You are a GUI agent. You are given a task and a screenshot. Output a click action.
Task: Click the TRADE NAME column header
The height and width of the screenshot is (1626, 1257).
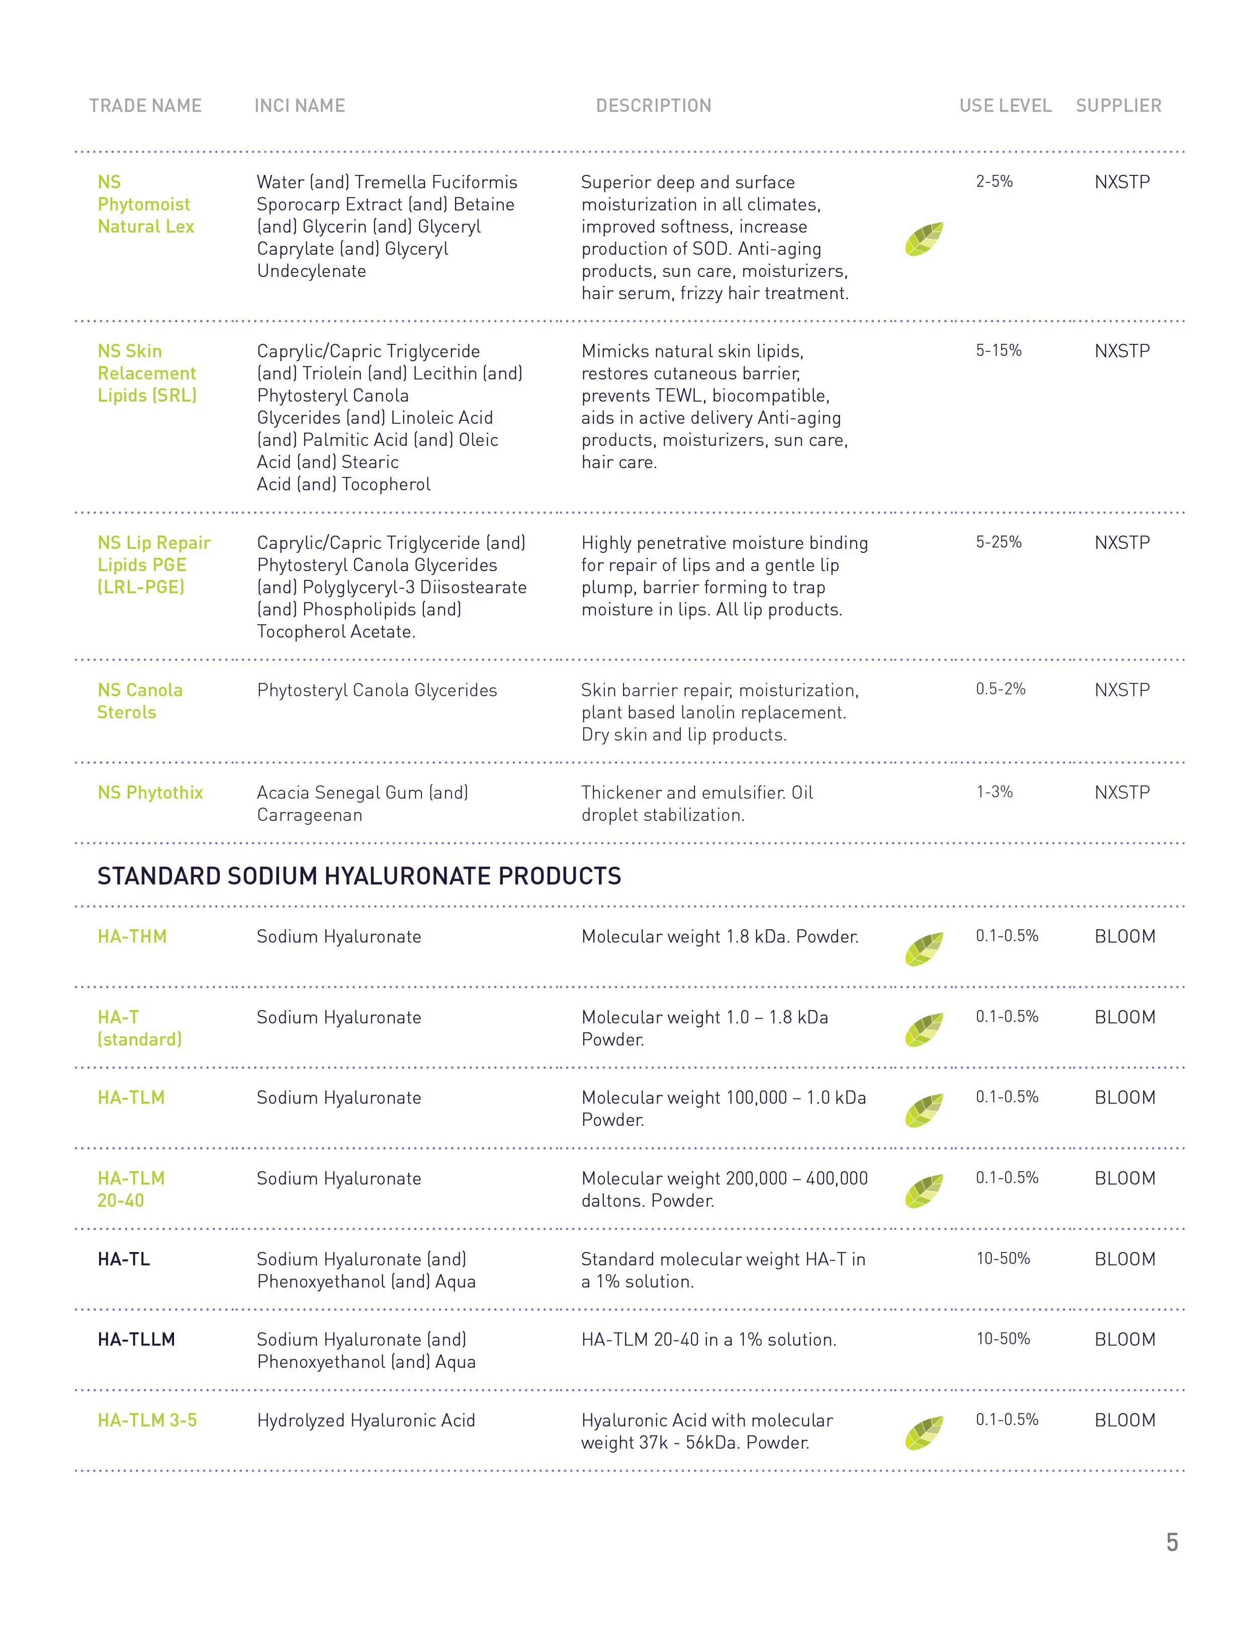145,106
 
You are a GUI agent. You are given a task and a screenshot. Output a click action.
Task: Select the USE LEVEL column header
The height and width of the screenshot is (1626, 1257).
1005,106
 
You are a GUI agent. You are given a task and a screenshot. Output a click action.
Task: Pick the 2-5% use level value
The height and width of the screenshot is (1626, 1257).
994,181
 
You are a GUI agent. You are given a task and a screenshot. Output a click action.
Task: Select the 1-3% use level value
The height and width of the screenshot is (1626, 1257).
994,792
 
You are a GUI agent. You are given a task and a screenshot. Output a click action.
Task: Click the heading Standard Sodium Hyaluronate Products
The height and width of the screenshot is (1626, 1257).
359,876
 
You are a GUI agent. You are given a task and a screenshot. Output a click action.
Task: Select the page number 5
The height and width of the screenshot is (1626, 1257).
1172,1542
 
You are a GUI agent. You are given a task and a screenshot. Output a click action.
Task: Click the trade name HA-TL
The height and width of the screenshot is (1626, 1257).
124,1259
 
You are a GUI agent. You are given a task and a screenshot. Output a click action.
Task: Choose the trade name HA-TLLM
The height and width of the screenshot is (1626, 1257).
136,1340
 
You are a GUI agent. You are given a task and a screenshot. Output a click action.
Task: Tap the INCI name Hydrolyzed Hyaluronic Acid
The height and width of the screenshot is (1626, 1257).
366,1420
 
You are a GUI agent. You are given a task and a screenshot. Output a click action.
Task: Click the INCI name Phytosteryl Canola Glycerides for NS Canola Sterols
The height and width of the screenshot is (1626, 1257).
377,690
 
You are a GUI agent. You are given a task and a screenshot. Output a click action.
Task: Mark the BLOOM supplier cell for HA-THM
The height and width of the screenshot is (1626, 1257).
1124,936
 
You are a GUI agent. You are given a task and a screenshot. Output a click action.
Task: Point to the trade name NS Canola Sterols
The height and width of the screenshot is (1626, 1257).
139,701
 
